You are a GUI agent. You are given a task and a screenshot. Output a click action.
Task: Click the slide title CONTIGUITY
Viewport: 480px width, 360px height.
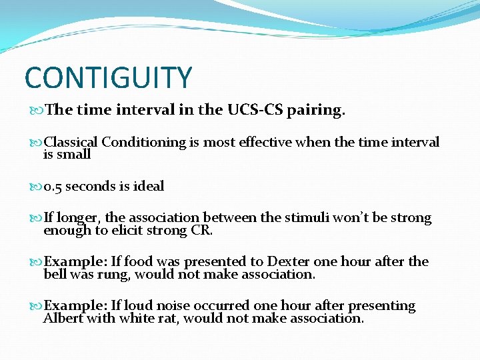pyautogui.click(x=108, y=77)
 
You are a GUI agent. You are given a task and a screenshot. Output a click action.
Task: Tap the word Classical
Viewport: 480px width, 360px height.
pyautogui.click(x=71, y=142)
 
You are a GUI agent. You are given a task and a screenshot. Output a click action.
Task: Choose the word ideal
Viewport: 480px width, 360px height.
pyautogui.click(x=149, y=186)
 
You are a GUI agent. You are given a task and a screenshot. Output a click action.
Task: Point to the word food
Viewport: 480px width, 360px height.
pyautogui.click(x=137, y=261)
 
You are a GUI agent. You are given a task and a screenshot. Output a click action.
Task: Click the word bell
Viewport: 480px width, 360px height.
pyautogui.click(x=54, y=274)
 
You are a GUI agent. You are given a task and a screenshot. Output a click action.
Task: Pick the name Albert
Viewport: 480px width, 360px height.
pyautogui.click(x=60, y=318)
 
